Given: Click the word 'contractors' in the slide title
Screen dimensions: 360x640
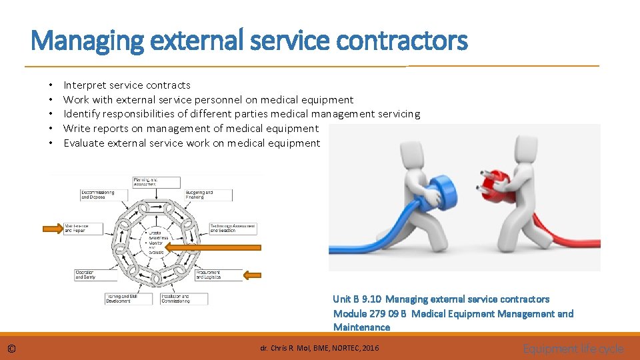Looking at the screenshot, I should (402, 41).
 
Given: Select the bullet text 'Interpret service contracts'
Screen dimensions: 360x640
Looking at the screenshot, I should (127, 85).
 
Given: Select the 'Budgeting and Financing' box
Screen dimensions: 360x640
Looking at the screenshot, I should (208, 195).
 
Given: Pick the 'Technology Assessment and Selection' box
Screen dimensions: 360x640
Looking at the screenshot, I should (233, 228).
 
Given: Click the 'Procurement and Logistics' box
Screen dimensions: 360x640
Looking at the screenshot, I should (219, 274).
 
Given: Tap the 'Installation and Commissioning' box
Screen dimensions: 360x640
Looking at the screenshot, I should (183, 299).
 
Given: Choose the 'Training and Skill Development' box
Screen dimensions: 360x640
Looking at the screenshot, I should (128, 299).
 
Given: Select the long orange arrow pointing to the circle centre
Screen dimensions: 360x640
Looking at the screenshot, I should (212, 247).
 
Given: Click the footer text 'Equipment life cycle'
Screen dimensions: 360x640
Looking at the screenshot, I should (573, 349).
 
